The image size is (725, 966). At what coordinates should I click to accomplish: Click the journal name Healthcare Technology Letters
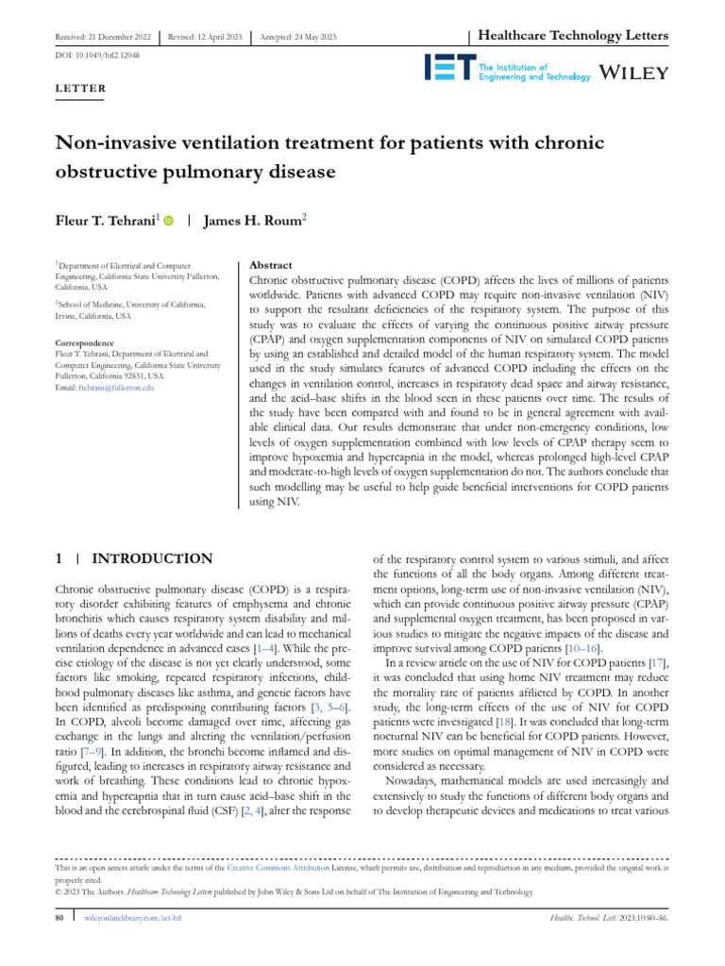(574, 36)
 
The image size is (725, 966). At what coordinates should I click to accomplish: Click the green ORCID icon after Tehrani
(169, 221)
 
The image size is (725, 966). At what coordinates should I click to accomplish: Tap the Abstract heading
(269, 266)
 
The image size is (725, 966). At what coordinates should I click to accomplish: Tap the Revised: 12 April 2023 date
(202, 37)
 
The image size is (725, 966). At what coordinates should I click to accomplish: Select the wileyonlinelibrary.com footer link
(132, 917)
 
